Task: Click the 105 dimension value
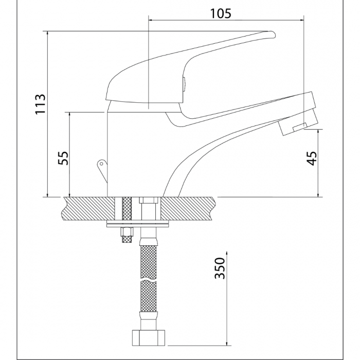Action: pyautogui.click(x=221, y=13)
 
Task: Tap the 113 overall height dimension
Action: pyautogui.click(x=41, y=104)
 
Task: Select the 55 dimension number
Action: pyautogui.click(x=63, y=157)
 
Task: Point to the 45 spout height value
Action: pyautogui.click(x=311, y=157)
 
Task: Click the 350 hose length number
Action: pyautogui.click(x=220, y=267)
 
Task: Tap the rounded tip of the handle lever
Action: pyautogui.click(x=273, y=35)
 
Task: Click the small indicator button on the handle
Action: pyautogui.click(x=183, y=84)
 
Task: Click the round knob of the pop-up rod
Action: pyautogui.click(x=100, y=164)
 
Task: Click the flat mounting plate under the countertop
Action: pyautogui.click(x=137, y=224)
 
